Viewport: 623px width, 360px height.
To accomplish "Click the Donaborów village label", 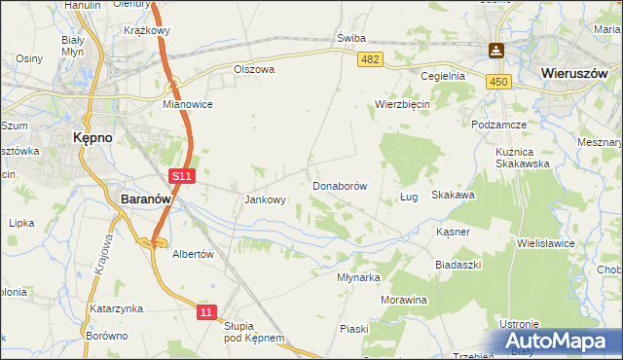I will [339, 185].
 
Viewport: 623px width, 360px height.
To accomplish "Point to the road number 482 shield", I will [370, 60].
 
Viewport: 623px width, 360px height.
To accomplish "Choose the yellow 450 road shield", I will [499, 84].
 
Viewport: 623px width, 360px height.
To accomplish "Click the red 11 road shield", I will [204, 311].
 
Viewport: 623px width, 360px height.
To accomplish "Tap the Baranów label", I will [146, 198].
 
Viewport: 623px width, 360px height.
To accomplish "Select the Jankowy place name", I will [265, 200].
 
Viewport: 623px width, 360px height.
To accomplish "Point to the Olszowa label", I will [254, 70].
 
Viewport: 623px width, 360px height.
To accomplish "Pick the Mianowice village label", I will [188, 104].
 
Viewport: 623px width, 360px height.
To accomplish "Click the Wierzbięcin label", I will [403, 104].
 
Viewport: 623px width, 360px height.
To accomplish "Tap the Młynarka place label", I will [357, 276].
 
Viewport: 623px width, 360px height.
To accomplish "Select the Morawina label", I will [404, 300].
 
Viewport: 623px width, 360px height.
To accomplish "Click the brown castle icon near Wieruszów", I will [496, 51].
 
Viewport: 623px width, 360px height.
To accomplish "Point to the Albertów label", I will [192, 253].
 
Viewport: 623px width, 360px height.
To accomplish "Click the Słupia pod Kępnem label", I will [253, 332].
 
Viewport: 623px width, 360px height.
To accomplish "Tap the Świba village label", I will [350, 38].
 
